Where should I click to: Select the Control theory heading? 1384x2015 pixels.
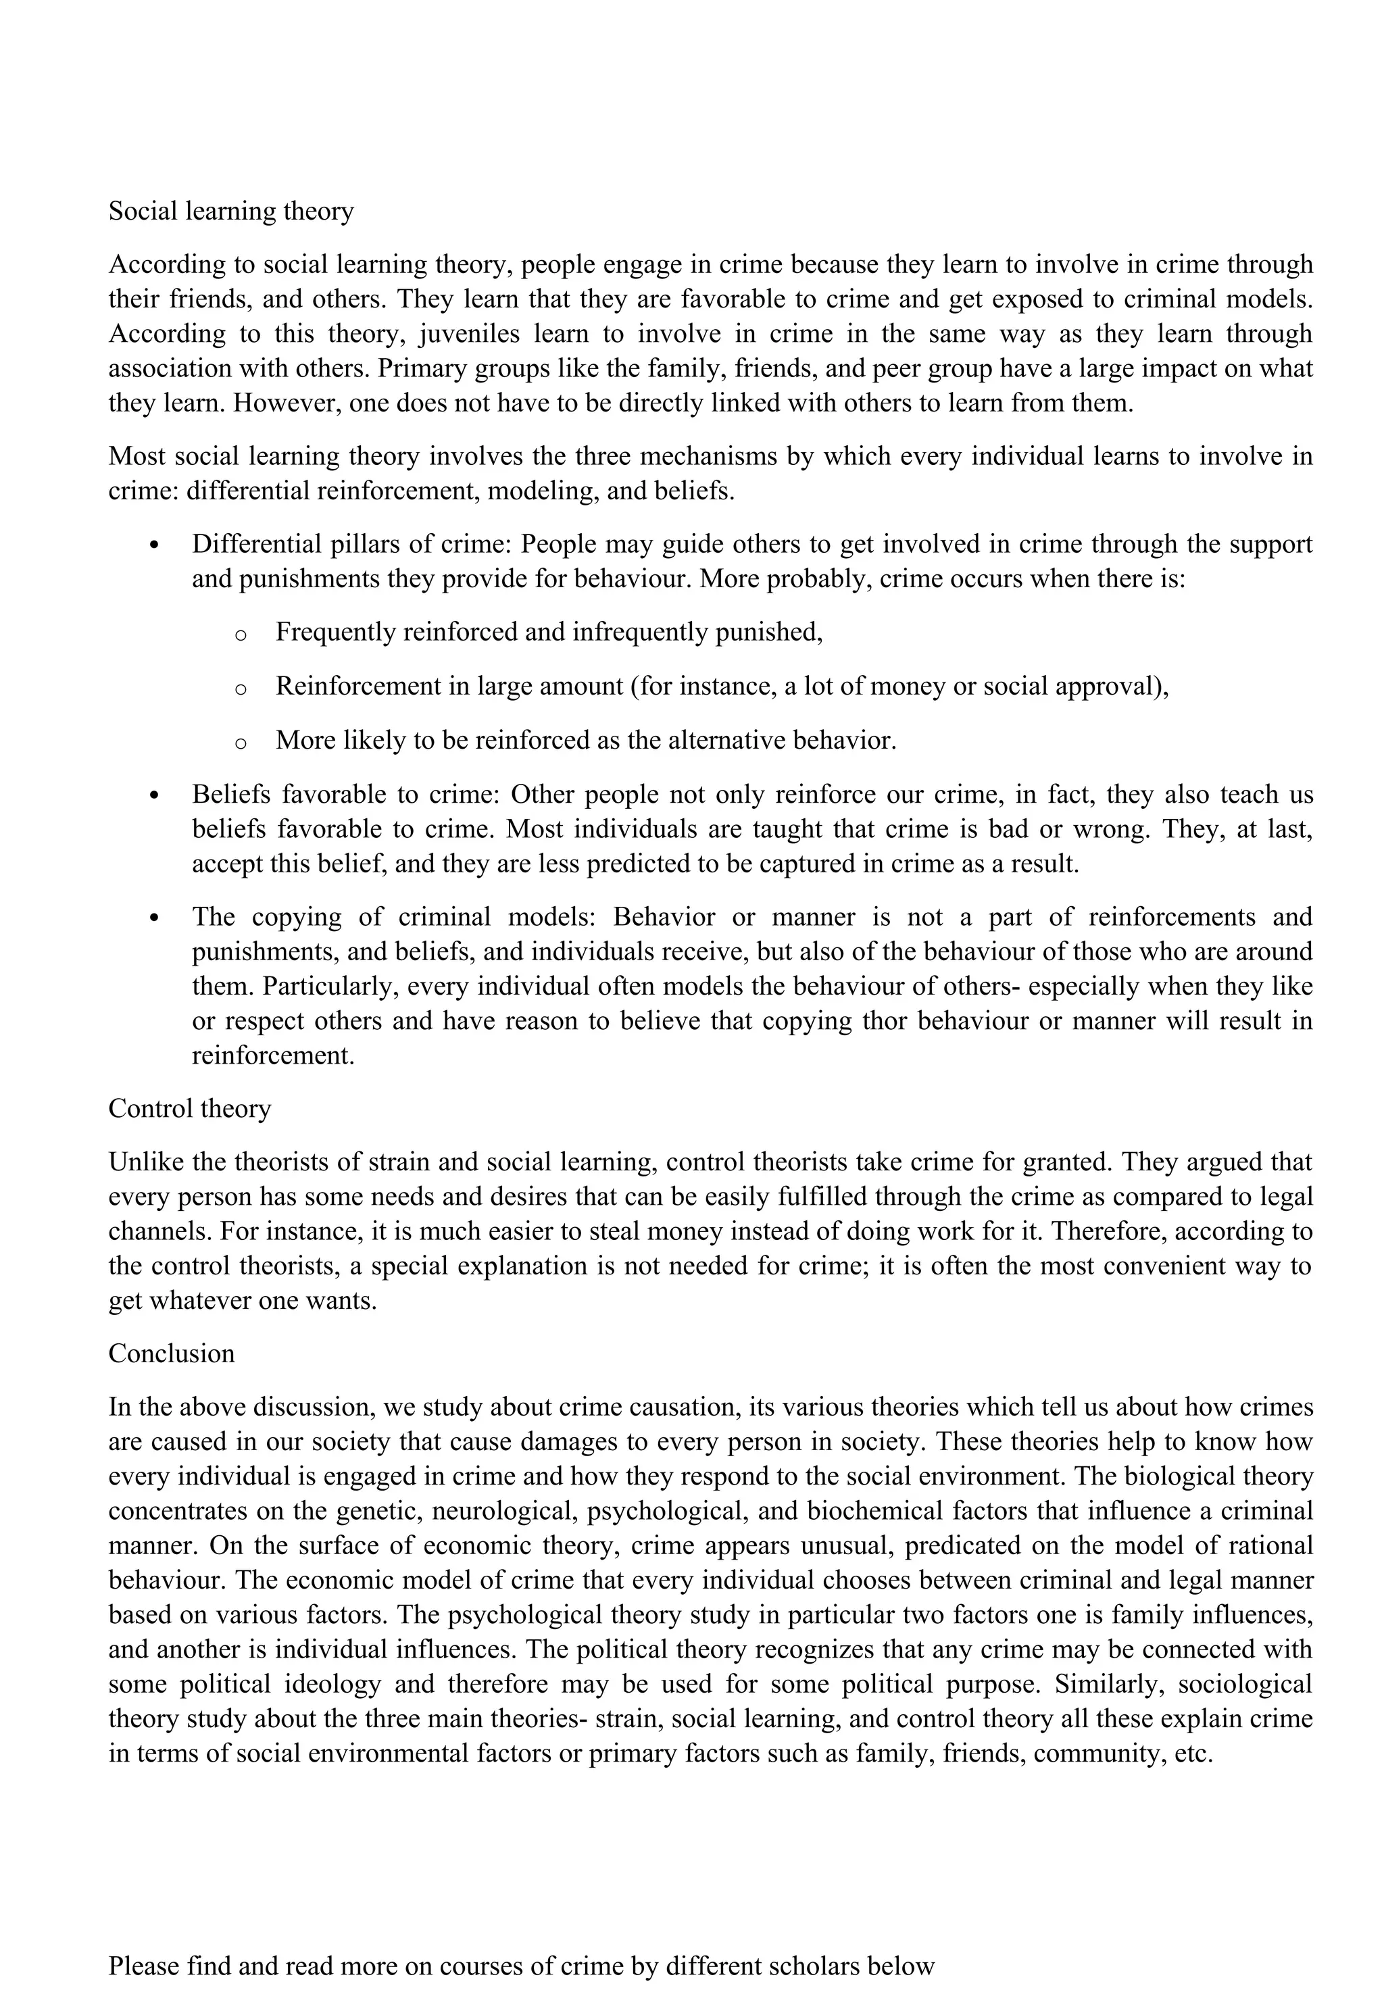click(189, 1109)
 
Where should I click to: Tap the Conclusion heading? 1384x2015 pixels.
click(171, 1353)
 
